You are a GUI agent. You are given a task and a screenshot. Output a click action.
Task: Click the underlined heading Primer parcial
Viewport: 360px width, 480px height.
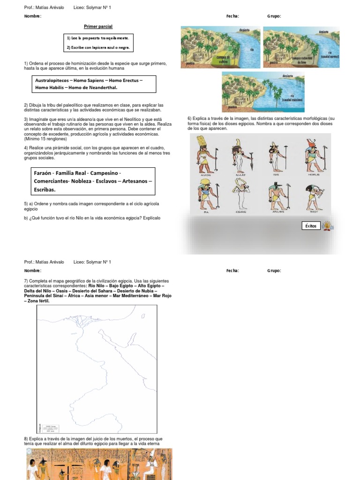tap(98, 27)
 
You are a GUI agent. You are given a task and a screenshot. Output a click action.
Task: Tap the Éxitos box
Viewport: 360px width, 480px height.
tap(311, 226)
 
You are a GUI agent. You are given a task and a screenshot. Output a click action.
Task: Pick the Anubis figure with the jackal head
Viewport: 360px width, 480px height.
tap(278, 195)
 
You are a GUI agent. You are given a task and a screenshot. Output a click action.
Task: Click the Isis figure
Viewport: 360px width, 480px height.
tap(277, 156)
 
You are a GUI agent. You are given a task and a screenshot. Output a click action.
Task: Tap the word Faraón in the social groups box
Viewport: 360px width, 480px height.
tap(43, 173)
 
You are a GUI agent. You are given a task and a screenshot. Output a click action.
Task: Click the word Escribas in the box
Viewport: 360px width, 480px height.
tap(45, 190)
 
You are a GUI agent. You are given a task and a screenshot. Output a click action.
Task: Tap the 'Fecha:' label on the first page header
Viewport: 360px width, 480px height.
tap(232, 16)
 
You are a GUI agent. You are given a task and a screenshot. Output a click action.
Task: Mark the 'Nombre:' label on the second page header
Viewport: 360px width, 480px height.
tap(33, 270)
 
